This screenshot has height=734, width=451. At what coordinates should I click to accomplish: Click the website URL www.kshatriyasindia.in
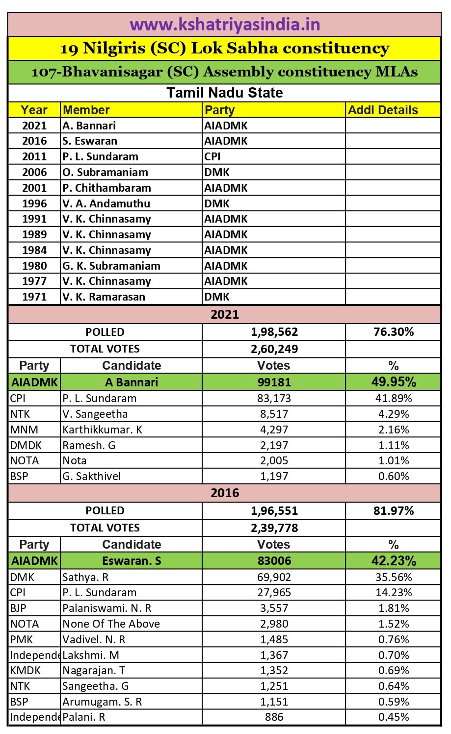pos(225,25)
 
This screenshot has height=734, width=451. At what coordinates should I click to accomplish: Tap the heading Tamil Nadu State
pos(225,93)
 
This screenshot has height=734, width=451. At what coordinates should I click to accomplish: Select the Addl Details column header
pos(383,110)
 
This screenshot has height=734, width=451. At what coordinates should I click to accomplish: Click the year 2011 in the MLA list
pos(34,157)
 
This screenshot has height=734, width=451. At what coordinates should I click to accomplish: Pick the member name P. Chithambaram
pos(106,188)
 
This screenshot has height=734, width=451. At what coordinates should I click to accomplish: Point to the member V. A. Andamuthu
pos(106,203)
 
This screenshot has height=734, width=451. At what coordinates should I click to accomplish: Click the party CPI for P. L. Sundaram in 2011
pos(212,157)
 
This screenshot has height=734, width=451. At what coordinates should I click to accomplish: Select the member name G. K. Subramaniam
pos(111,266)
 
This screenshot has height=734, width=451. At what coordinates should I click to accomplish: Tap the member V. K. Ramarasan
pos(104,297)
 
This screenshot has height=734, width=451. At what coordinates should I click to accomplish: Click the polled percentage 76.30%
pos(393,332)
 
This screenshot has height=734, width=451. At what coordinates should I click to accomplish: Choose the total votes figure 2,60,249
pos(274,349)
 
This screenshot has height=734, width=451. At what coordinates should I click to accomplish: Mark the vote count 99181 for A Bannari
pos(274,382)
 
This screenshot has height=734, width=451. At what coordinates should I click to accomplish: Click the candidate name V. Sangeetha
pos(95,414)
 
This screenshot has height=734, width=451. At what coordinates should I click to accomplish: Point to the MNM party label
pos(24,430)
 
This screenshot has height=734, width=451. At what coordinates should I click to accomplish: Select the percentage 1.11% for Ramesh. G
pos(393,445)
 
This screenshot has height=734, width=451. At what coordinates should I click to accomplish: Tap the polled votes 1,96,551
pos(274,510)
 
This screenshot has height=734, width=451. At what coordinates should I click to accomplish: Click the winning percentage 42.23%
pos(393,560)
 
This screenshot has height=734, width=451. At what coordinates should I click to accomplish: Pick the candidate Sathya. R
pos(85,577)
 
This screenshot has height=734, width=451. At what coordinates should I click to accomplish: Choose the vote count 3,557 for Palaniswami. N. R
pos(274,608)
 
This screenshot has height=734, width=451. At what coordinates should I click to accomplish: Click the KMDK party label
pos(26,670)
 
